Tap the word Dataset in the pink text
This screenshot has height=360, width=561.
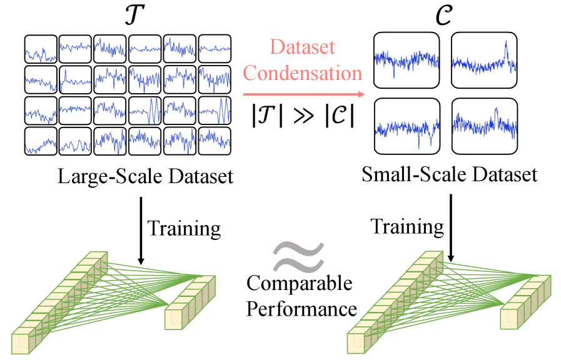click(x=303, y=47)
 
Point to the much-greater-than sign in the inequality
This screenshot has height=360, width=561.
click(x=303, y=116)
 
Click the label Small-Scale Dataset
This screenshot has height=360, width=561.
click(x=449, y=174)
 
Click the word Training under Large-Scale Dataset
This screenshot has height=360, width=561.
click(x=184, y=228)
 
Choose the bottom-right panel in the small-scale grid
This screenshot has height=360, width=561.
click(x=485, y=126)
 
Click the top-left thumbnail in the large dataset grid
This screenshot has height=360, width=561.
click(x=41, y=49)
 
